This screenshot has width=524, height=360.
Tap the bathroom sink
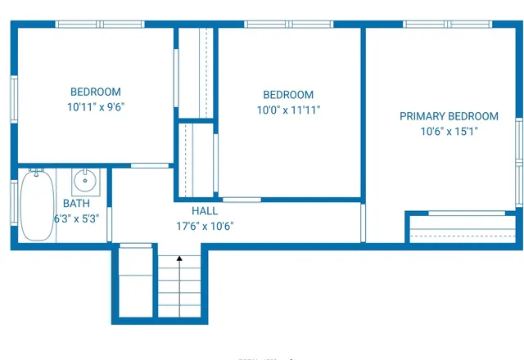pos(85,182)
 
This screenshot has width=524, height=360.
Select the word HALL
pos(205,211)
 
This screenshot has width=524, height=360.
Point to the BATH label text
pos(76,204)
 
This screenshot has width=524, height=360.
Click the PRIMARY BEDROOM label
pos(449,116)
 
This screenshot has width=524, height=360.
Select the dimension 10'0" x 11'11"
pos(287,110)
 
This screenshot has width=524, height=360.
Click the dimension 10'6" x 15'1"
pos(449,131)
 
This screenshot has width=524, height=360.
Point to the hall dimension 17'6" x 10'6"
pos(205,227)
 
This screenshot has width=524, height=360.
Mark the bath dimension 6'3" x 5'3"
pos(76,218)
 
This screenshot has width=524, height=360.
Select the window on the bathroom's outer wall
pos(14,201)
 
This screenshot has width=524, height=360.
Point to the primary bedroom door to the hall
pos(363,223)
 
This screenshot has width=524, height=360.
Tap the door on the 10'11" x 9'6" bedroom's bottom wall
pos(150,165)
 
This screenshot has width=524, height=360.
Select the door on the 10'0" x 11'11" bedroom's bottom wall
pos(242,199)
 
